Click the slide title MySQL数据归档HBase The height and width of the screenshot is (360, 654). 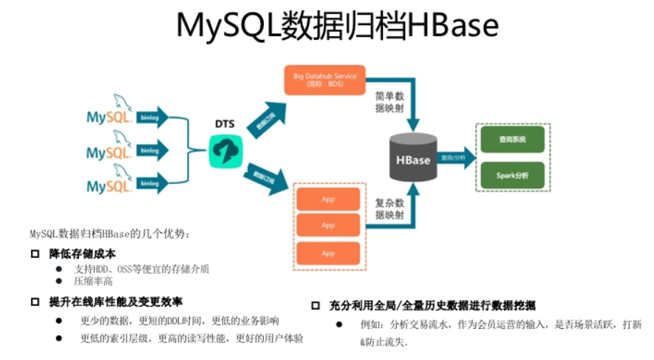[x=337, y=26]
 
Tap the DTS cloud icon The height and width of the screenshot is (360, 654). [x=224, y=150]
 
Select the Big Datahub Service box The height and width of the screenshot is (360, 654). [x=325, y=80]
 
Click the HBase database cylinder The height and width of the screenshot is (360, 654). [x=412, y=157]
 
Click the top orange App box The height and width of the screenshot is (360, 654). [x=327, y=199]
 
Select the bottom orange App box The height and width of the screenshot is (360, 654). [x=327, y=253]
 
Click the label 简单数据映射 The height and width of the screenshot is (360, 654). [x=389, y=103]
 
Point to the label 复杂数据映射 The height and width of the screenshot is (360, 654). [x=389, y=208]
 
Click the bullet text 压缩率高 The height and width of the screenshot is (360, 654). [x=93, y=282]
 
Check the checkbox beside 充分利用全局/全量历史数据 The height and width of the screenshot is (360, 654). [x=315, y=305]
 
